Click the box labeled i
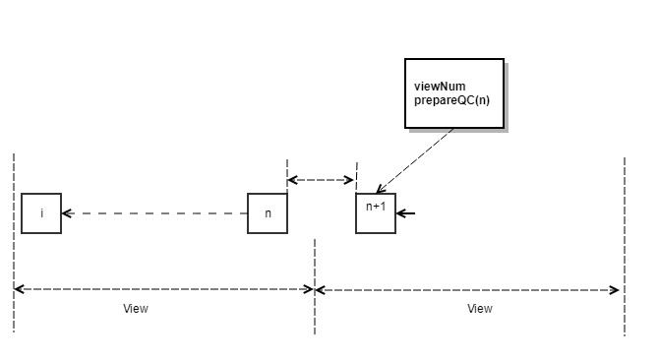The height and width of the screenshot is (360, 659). click(41, 213)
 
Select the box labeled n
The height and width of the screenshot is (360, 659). click(268, 213)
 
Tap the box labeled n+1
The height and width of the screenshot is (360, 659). click(376, 213)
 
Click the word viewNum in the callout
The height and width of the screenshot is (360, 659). click(439, 87)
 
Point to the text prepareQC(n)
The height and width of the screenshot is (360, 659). click(451, 100)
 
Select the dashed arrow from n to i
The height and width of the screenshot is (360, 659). click(157, 213)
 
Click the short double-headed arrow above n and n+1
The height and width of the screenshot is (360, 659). click(321, 180)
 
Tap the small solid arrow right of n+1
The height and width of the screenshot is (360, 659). click(407, 213)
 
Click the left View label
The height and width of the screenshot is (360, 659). click(136, 309)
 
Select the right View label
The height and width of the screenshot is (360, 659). click(480, 309)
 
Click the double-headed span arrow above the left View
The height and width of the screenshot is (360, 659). click(163, 289)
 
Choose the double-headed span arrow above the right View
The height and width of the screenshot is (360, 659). click(467, 289)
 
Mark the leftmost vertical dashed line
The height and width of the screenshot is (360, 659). click(14, 246)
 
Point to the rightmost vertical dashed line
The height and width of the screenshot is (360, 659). click(625, 246)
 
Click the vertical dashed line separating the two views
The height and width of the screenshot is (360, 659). click(315, 285)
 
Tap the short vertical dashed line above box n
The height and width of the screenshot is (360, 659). click(286, 172)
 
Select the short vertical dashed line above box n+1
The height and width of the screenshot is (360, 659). click(356, 172)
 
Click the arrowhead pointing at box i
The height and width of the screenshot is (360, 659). click(68, 213)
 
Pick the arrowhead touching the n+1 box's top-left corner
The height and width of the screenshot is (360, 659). click(381, 189)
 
